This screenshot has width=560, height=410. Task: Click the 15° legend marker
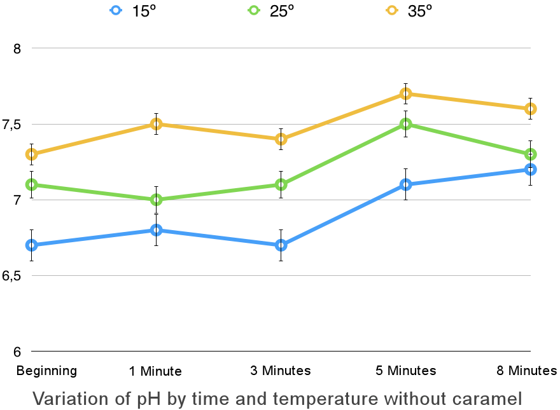pos(115,10)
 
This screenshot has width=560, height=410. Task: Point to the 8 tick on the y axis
pos(17,49)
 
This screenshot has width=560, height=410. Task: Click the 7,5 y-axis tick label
pos(11,125)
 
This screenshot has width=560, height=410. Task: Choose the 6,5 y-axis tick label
pos(11,277)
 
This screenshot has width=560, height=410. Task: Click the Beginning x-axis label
pos(47,371)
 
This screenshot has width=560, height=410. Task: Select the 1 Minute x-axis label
pos(156,371)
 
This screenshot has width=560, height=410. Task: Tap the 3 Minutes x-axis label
pos(281,371)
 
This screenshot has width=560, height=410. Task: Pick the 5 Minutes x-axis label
pos(405,371)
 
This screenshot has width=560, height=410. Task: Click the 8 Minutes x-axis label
pos(526,371)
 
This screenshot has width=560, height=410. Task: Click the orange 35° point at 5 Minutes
pos(405,94)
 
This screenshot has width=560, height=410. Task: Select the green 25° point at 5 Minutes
pos(405,124)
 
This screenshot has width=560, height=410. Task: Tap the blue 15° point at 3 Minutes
pos(281,245)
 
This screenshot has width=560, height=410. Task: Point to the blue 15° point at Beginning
pos(31,245)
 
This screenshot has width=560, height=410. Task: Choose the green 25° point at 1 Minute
pos(156,200)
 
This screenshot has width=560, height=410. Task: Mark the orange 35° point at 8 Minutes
pos(530,109)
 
